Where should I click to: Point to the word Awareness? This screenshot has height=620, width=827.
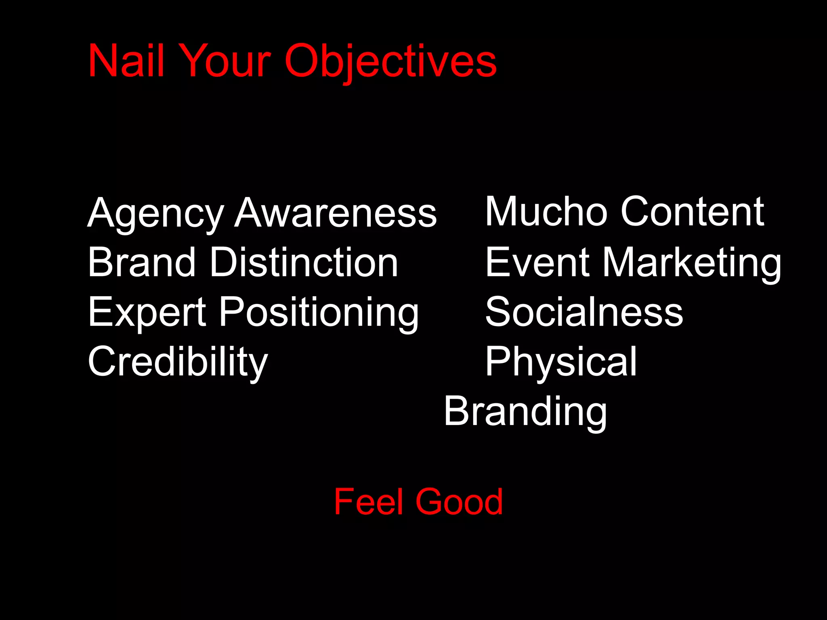(x=336, y=213)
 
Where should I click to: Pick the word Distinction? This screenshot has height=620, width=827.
(x=304, y=262)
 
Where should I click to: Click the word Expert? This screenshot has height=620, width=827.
(x=147, y=312)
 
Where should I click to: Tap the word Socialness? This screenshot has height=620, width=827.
(x=584, y=312)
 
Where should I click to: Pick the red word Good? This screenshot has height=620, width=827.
(x=459, y=502)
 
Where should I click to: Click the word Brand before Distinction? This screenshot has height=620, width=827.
(x=142, y=262)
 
